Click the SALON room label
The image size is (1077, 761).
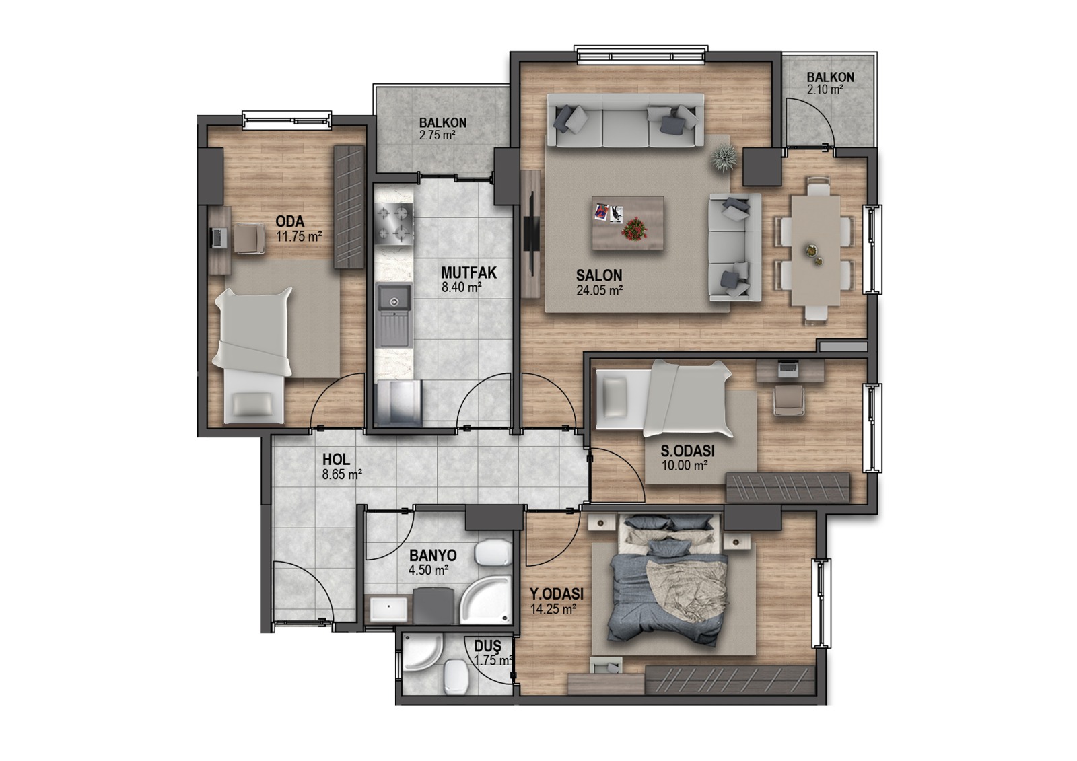[x=599, y=275]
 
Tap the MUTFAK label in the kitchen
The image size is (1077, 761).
[x=468, y=273]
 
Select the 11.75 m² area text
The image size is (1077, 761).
[x=299, y=237]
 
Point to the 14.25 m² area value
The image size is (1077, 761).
[x=553, y=609]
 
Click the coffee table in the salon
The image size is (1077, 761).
[x=628, y=223]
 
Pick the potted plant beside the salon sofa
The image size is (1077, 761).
[x=723, y=157]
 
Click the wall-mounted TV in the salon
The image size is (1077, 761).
[x=532, y=233]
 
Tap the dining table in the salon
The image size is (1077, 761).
[x=816, y=250]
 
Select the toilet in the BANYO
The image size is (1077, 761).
[x=493, y=552]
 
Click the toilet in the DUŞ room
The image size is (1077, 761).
[x=456, y=676]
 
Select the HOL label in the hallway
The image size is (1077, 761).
[x=336, y=460]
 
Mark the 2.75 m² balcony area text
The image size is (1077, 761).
[x=437, y=135]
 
